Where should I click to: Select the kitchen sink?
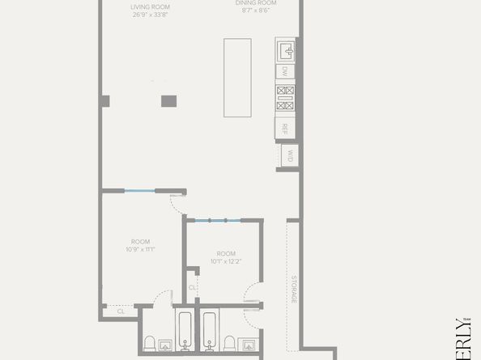tap(285, 51)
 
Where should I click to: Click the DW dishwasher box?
tap(285, 72)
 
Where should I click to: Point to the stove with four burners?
tap(285, 98)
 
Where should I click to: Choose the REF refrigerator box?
tap(285, 128)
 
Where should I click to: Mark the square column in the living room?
tap(168, 101)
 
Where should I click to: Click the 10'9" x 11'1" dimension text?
tap(140, 249)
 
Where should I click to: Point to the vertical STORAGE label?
tap(294, 289)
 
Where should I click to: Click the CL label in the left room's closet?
tap(121, 311)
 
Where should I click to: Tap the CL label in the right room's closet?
tap(192, 286)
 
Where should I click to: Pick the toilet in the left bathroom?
tap(151, 345)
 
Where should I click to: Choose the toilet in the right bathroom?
tap(230, 345)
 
